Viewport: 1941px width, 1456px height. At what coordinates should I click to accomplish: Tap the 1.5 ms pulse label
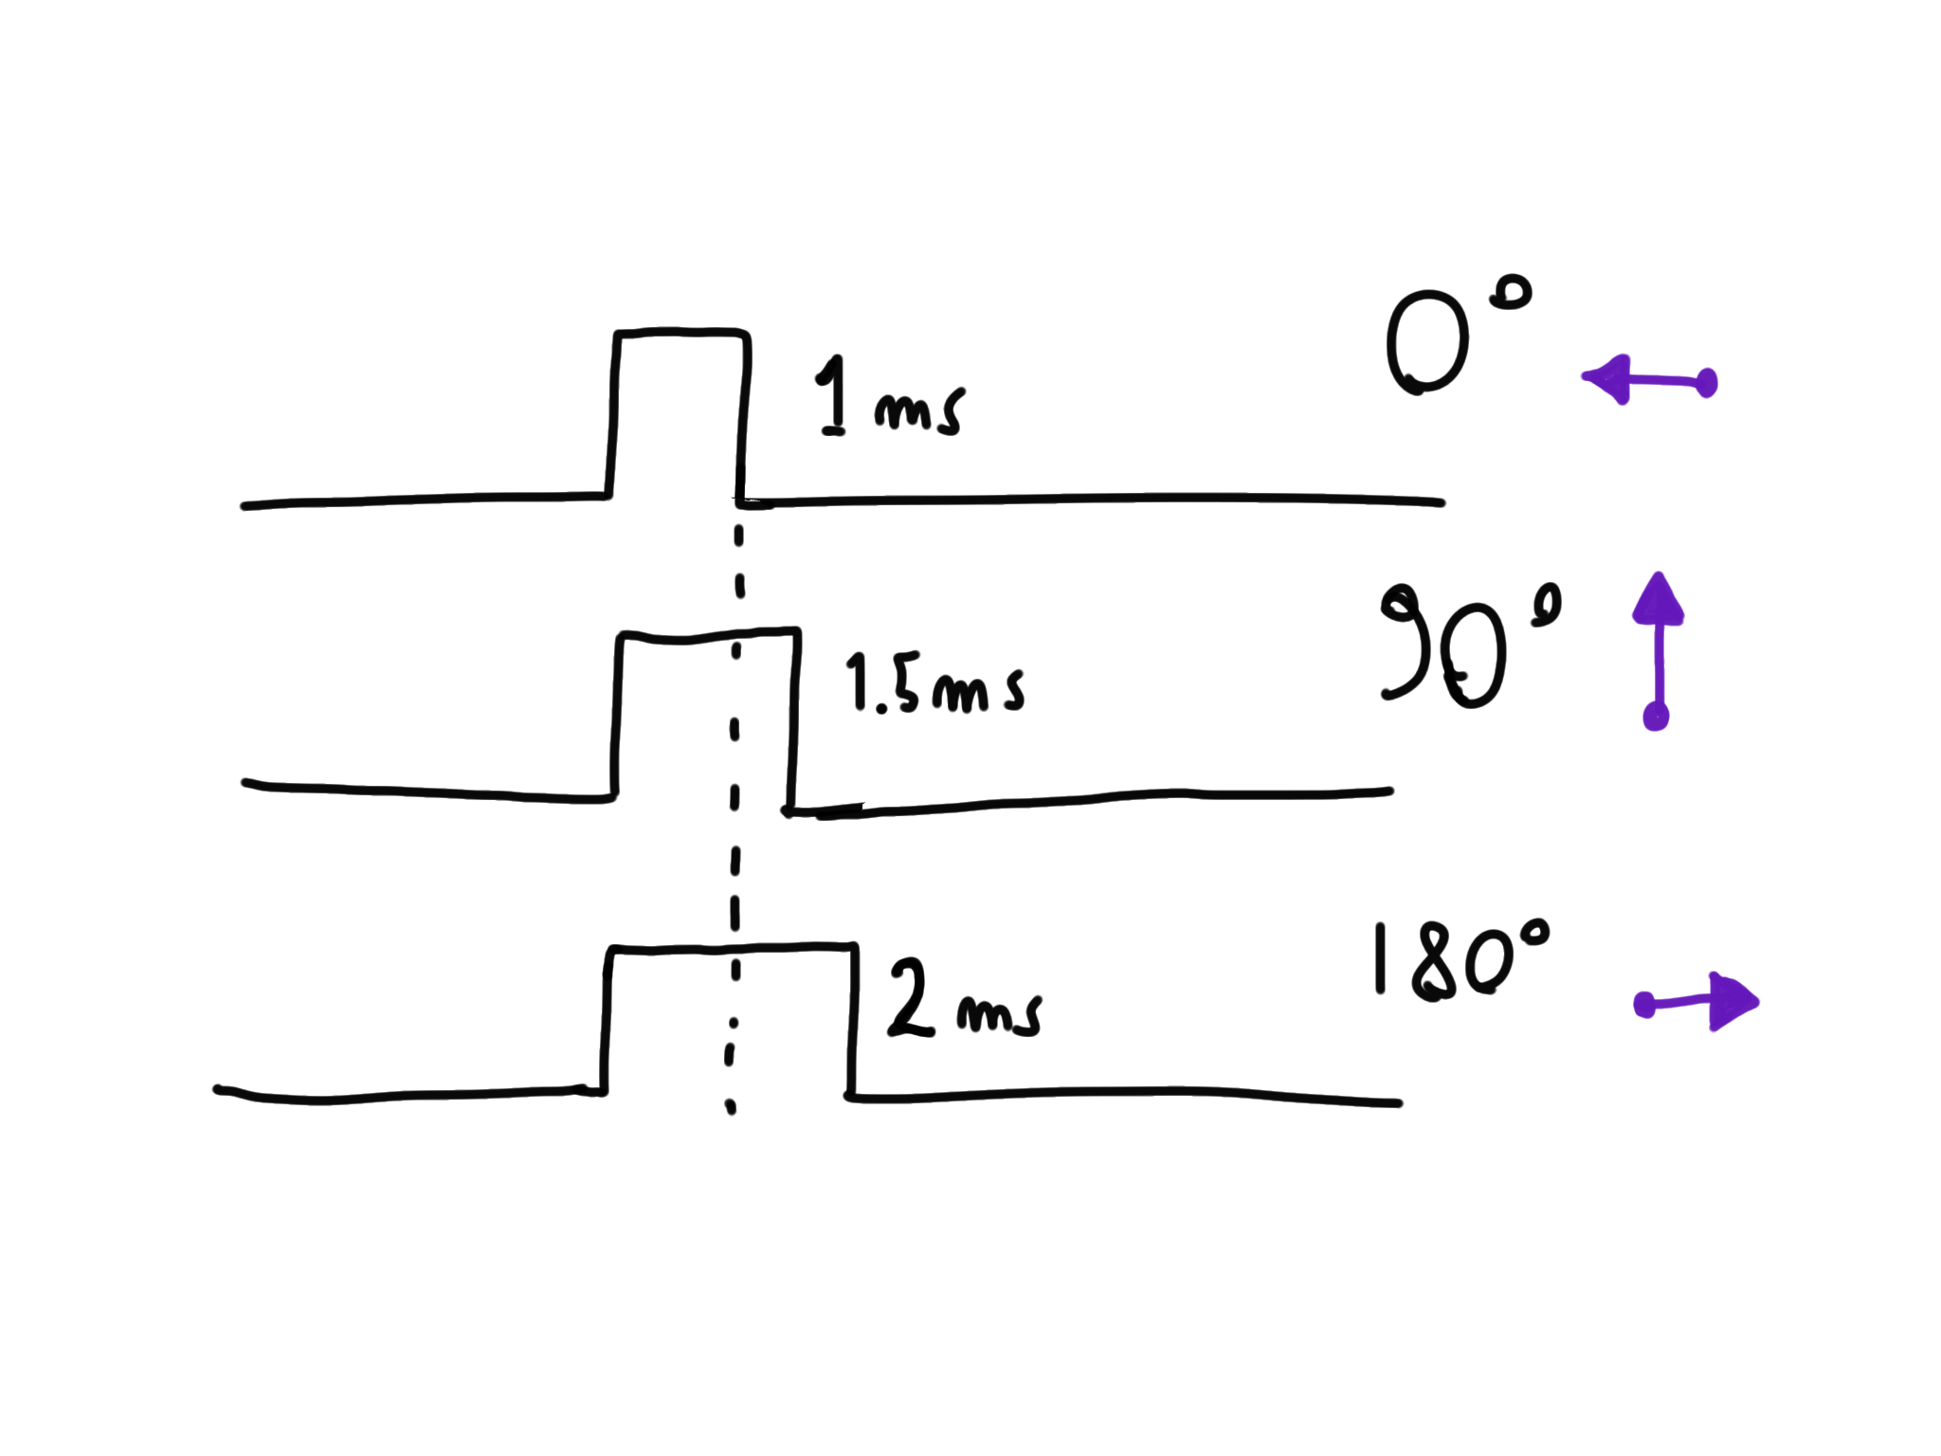click(934, 682)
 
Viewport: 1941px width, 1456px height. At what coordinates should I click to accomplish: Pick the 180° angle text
click(1460, 962)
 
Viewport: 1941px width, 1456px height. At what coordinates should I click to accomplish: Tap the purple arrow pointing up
click(1658, 654)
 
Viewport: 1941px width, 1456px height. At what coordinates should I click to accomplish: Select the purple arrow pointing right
click(1696, 1003)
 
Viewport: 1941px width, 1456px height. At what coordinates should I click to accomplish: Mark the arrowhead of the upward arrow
click(1658, 599)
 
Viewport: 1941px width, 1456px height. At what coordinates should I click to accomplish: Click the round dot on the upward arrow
click(1656, 716)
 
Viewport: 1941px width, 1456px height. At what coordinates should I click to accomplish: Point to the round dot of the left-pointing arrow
click(1706, 383)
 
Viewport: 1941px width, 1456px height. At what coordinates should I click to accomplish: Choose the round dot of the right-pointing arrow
click(1645, 1005)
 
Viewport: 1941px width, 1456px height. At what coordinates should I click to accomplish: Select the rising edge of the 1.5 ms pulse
click(617, 716)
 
